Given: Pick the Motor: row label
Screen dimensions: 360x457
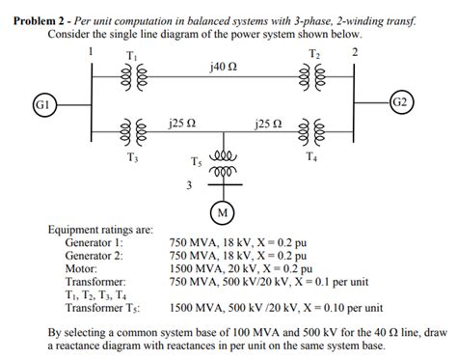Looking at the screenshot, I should pyautogui.click(x=81, y=269).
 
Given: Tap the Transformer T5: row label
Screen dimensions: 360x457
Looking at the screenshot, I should pyautogui.click(x=103, y=308).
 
